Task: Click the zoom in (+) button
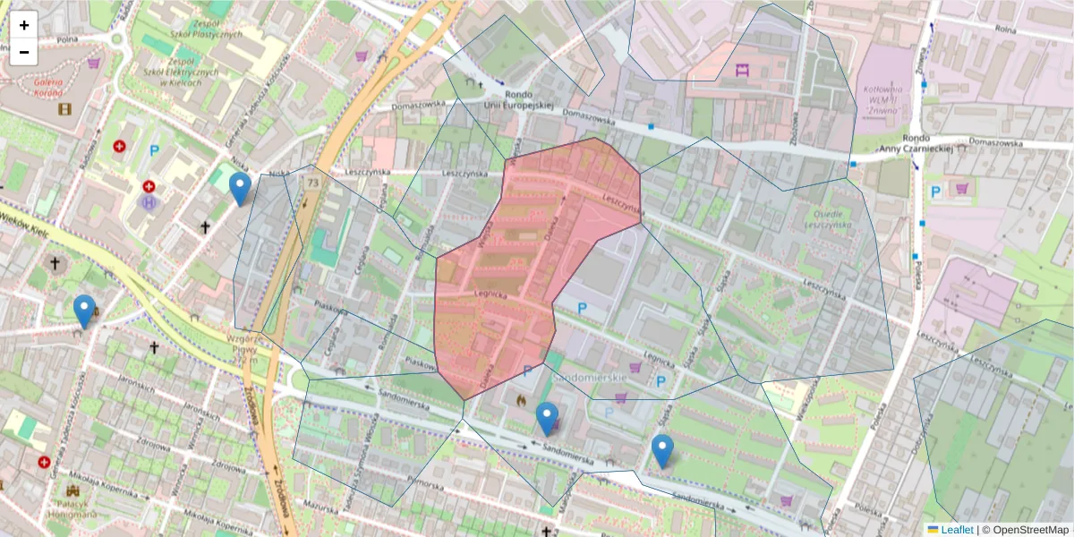point(24,25)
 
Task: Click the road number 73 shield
point(311,183)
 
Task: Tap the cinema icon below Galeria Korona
point(64,109)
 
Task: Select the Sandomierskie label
point(588,379)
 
